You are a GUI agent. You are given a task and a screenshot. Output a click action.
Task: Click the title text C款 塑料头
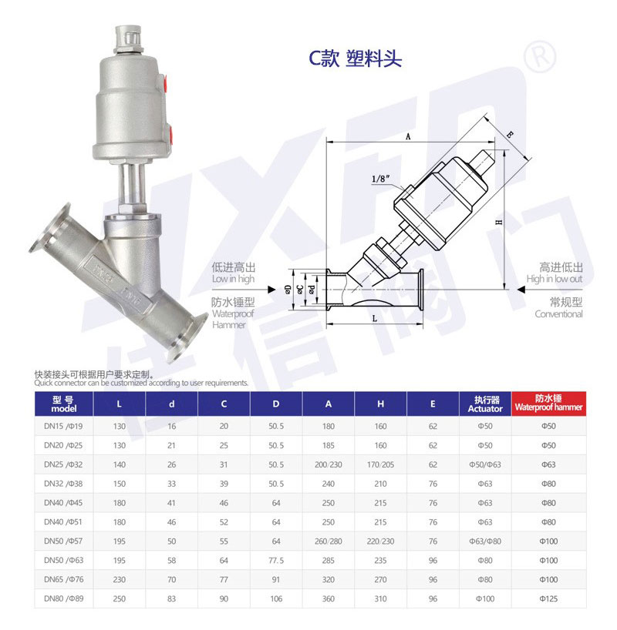[x=355, y=59]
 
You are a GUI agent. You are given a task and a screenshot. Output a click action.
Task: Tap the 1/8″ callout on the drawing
[x=380, y=179]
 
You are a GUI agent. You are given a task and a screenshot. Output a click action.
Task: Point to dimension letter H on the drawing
[x=499, y=222]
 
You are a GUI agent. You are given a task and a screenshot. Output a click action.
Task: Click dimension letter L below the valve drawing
[x=375, y=319]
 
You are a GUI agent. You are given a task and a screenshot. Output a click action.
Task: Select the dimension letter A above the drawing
[x=408, y=136]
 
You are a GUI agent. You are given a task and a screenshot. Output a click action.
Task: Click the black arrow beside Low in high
[x=271, y=290]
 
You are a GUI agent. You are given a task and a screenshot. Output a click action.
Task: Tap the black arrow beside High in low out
[x=521, y=290]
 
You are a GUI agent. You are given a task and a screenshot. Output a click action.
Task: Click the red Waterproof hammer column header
[x=548, y=404]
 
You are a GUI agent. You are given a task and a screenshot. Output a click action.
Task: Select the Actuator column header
[x=485, y=404]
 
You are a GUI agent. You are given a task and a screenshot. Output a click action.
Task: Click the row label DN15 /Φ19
[x=63, y=427]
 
